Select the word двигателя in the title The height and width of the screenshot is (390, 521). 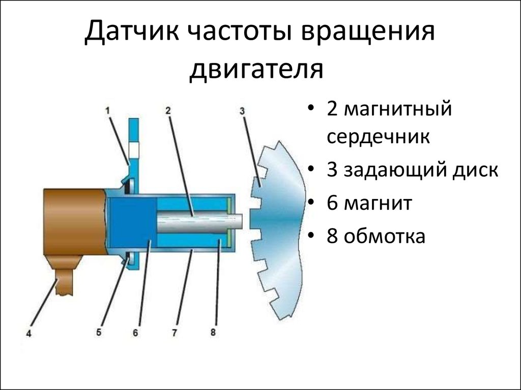click(256, 69)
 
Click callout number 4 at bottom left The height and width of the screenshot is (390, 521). click(29, 334)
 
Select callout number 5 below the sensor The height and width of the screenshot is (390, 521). click(99, 333)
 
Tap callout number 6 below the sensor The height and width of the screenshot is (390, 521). click(135, 333)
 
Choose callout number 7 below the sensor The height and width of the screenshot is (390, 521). click(174, 333)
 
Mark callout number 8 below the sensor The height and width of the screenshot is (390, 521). click(213, 333)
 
